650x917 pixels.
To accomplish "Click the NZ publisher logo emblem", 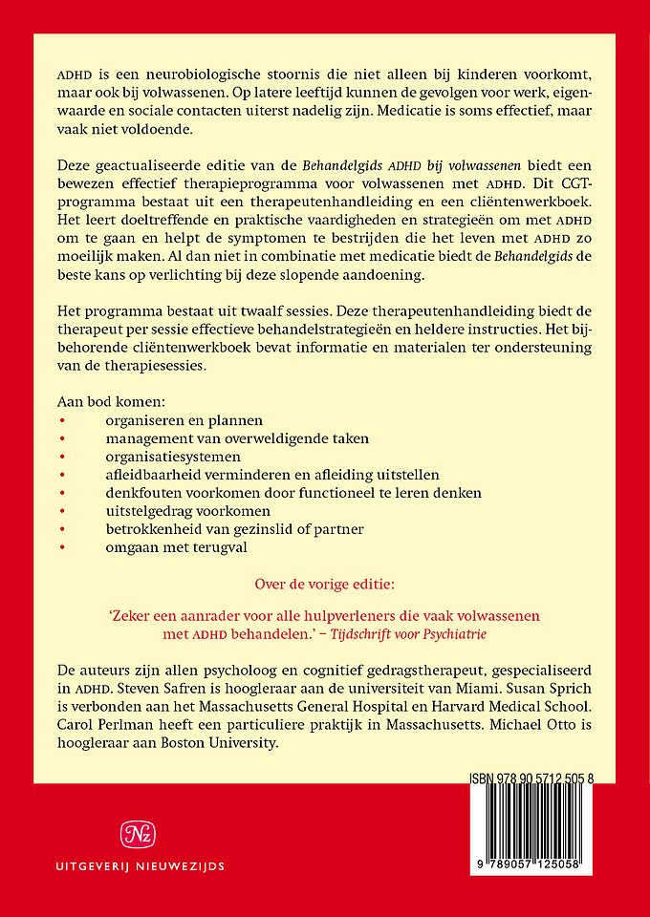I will click(136, 834).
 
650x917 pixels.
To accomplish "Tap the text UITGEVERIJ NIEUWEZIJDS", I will click(136, 867).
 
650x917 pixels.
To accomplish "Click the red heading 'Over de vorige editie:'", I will click(324, 583).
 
